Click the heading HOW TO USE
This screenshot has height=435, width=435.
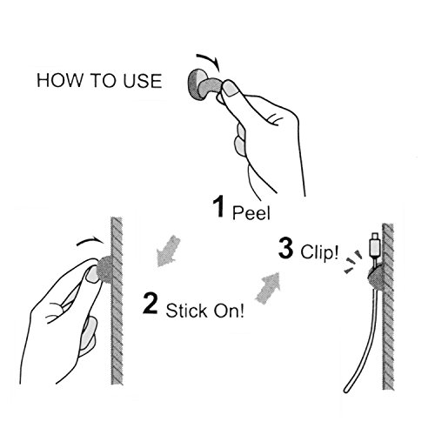(x=99, y=81)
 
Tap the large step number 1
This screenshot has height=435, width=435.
(x=218, y=206)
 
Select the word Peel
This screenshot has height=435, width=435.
(x=251, y=212)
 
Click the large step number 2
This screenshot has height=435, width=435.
(x=151, y=304)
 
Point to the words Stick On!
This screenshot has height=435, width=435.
(x=205, y=311)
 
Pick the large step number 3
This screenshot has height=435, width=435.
(x=285, y=248)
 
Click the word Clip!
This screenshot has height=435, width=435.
(x=319, y=251)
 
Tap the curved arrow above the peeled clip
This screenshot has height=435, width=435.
(x=210, y=59)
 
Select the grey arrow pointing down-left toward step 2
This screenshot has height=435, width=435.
(x=168, y=251)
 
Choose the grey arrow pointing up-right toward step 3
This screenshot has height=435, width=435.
(x=268, y=288)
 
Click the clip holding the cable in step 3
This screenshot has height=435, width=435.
(x=376, y=277)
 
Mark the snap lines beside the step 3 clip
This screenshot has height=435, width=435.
(x=353, y=262)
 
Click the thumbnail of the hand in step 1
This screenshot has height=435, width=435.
(x=231, y=88)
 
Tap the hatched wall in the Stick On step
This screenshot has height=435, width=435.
(x=117, y=301)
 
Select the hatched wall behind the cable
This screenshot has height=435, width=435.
(x=388, y=306)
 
